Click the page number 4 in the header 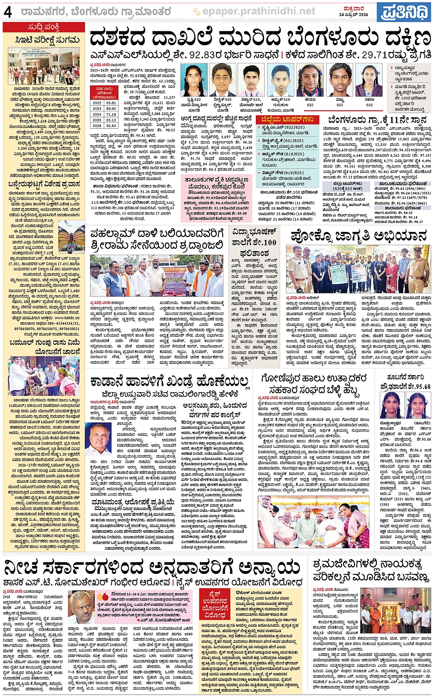point(8,11)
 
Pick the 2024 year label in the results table point(97,114)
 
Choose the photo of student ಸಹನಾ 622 point(369,80)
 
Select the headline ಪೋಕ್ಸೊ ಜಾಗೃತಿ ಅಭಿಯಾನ point(358,236)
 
